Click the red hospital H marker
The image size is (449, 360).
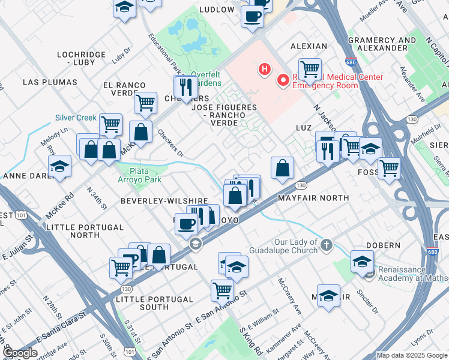(x=264, y=70)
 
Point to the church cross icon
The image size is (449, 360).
(x=326, y=245)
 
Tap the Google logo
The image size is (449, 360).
(x=20, y=353)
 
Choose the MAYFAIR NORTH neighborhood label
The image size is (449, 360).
(x=313, y=197)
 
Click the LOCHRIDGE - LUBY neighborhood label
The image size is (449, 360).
(x=81, y=58)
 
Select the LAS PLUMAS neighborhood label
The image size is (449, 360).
(x=50, y=82)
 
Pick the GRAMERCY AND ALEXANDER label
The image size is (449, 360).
(x=382, y=44)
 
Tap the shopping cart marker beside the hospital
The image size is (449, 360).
(x=310, y=68)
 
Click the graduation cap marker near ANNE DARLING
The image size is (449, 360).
(x=59, y=166)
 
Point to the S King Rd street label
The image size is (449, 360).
(x=250, y=340)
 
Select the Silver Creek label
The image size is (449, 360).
(x=76, y=118)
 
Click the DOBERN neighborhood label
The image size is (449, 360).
(x=382, y=245)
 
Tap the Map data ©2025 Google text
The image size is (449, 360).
(x=412, y=355)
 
